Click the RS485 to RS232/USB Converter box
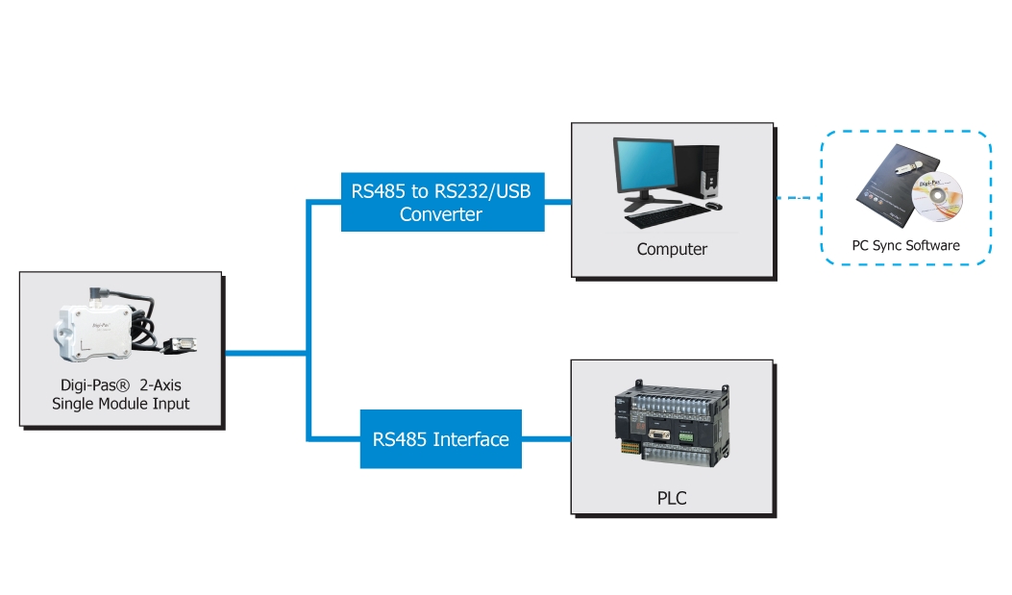coord(442,201)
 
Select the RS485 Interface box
coord(440,439)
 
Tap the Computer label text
coord(672,249)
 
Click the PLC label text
coord(673,498)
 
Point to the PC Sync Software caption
coord(905,245)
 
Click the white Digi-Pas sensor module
coord(96,329)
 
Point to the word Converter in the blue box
coord(441,213)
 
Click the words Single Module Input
coord(121,404)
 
